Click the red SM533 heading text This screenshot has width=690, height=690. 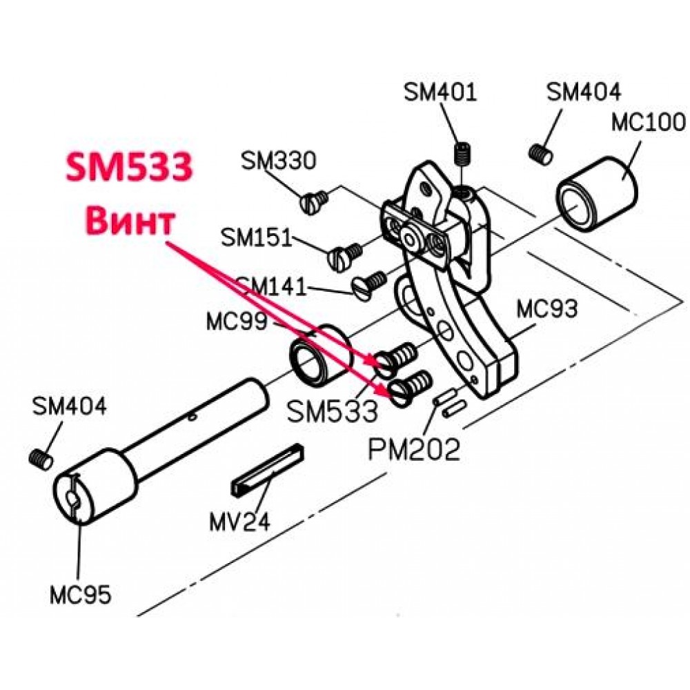130,167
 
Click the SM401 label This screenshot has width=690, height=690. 440,92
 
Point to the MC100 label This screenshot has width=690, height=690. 648,122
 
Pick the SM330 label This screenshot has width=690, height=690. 279,160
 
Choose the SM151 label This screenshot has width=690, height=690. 256,237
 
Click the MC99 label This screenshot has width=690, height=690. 237,322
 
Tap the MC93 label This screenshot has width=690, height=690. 546,309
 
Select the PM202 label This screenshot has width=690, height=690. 414,449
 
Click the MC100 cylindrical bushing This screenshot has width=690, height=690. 597,194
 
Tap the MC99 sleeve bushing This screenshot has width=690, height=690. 321,357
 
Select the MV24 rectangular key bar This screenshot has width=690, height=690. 267,470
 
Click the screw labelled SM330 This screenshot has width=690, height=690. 314,202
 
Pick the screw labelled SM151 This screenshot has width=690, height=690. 345,257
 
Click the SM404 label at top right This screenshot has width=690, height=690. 584,92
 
